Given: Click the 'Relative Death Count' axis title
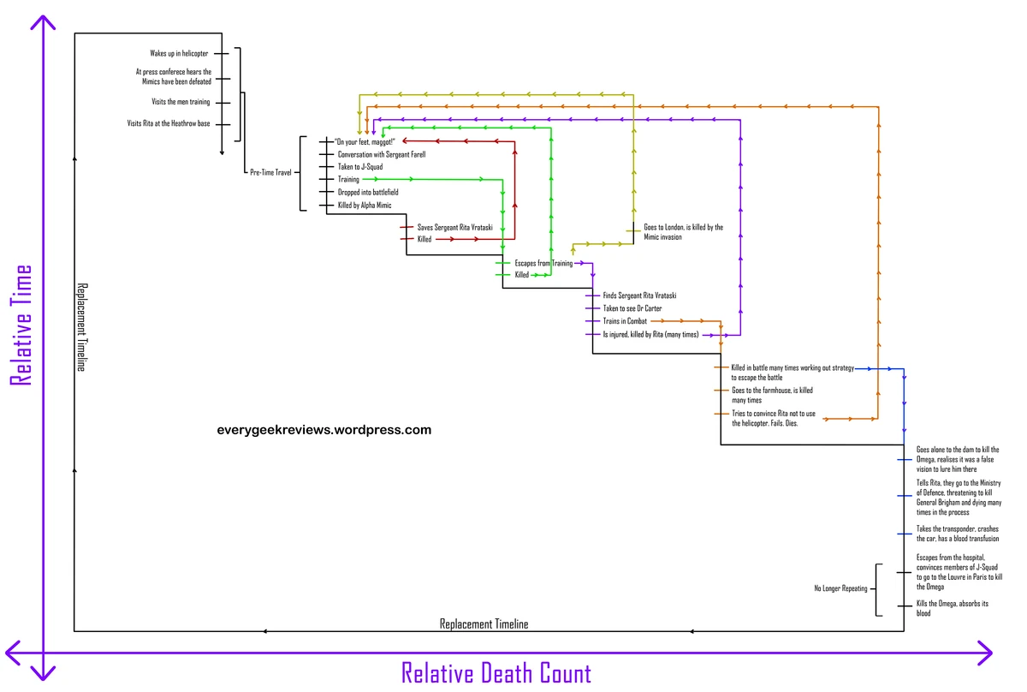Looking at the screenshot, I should coord(496,673).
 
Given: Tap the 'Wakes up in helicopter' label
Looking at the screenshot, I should coord(179,53).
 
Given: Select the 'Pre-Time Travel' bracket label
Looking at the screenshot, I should coord(270,172).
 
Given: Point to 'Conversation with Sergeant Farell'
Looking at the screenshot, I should coord(382,154).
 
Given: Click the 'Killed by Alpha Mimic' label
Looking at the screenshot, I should coord(365,206).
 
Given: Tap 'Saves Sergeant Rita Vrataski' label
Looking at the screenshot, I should coord(454,227).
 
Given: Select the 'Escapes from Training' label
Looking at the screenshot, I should coord(543,263).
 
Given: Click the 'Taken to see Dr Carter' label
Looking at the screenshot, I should coord(632,308).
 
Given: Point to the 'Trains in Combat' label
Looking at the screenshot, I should coord(625,321).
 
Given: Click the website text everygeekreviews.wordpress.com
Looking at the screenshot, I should coord(324,430).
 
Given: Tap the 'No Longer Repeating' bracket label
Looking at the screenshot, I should coord(840,589).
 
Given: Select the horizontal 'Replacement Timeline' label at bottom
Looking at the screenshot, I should coord(484,624).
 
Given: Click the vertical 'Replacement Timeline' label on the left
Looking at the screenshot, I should coord(82,326).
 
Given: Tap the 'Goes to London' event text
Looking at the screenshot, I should coord(683,232).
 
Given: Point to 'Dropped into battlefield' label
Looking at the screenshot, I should coord(368,193).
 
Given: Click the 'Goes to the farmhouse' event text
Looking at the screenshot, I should coord(772,395).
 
